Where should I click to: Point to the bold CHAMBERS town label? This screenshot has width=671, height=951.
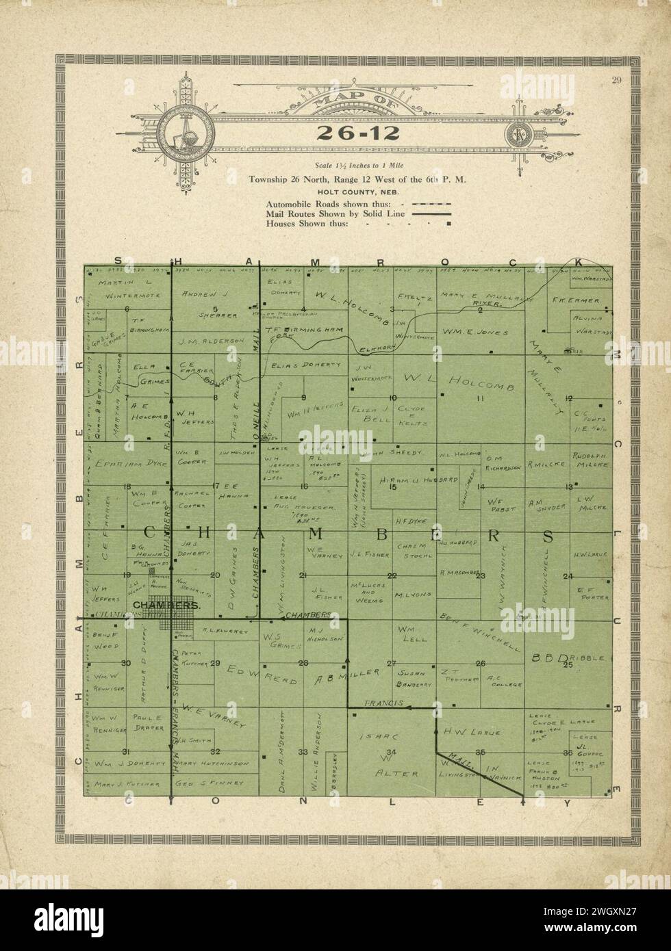click(x=166, y=605)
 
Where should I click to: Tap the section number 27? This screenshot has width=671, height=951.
click(x=392, y=663)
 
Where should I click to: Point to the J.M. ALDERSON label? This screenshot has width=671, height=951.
click(x=211, y=340)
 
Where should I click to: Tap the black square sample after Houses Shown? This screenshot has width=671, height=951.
click(x=449, y=223)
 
